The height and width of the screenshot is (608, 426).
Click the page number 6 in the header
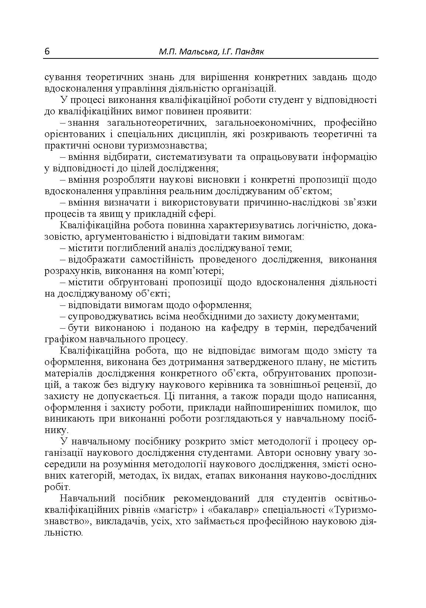tap(47, 52)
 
